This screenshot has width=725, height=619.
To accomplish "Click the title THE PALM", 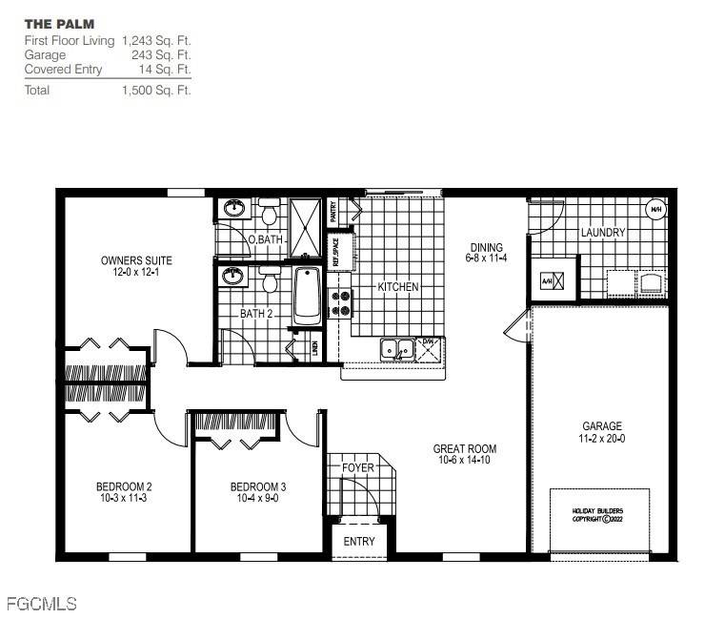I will coord(59,23).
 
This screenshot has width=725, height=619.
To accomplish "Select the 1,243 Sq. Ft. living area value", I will coord(156,41).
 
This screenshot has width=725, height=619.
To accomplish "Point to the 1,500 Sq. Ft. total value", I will coord(156,91).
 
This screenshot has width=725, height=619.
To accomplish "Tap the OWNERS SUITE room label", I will coord(136,260).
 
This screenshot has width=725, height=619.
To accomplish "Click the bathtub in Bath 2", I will coord(308,295).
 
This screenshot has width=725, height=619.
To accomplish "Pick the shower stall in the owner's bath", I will coord(307,227).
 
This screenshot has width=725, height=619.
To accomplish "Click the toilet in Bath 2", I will coord(269,281).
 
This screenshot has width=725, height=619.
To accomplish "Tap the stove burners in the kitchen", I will coord(340,303).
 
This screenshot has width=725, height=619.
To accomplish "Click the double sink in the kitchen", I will coord(396,350).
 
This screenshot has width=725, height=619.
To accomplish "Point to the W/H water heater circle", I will coord(656,210).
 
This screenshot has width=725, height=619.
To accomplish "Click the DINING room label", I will coord(485,248).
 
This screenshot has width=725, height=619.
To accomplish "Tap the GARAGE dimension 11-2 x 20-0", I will coord(602,439).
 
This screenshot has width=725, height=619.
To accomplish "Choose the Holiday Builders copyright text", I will coord(598,515).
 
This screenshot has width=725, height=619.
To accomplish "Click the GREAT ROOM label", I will coord(464,449).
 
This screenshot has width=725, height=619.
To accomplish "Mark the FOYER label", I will coord(357,468).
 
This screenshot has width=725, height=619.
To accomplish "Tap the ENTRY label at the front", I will coord(359,542).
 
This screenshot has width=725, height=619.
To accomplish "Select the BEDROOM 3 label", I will coord(258,486).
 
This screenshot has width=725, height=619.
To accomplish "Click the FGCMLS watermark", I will coord(41,604).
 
